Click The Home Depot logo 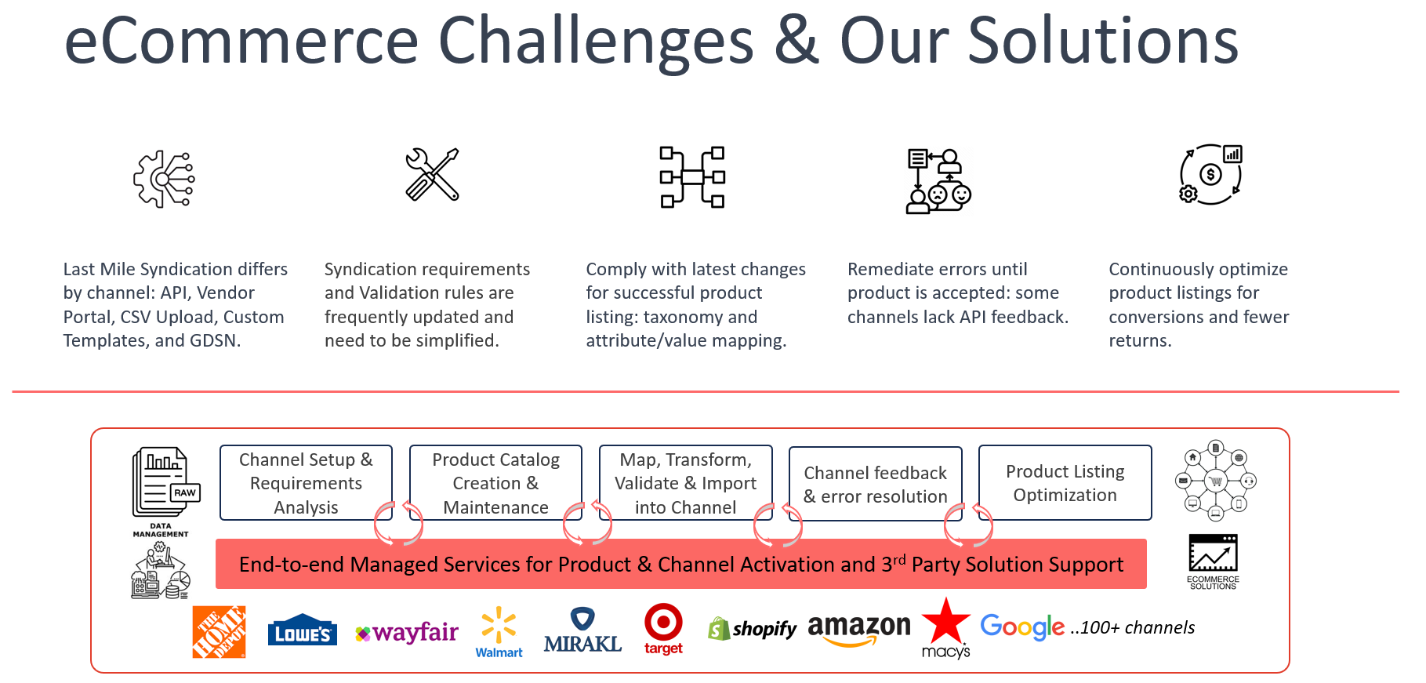219,632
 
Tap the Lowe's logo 302,631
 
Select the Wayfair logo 407,632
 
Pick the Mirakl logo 582,631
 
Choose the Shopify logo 752,629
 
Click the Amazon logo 859,629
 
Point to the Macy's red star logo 946,623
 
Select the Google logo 1022,627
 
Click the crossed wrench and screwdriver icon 432,175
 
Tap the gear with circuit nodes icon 164,179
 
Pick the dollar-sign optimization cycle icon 1210,175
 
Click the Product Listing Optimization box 1065,483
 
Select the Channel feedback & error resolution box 875,485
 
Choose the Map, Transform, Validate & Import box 685,483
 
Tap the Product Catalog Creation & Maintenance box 495,483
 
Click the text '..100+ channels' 1133,628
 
